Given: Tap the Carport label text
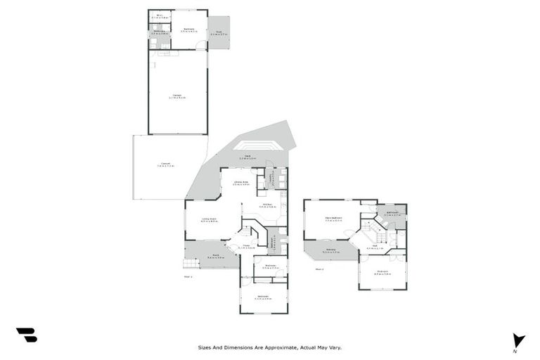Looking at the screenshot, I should point(165,165).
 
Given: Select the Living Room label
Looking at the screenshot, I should point(208,220).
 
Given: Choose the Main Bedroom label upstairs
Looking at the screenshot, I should point(333,218).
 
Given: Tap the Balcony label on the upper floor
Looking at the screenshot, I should point(331,250).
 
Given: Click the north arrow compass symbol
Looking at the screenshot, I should point(518,340).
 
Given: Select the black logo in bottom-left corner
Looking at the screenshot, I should point(26,335).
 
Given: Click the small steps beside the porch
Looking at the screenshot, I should point(190,264).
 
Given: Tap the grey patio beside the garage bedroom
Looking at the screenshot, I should point(219,33).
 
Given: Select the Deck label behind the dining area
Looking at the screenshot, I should point(247,157).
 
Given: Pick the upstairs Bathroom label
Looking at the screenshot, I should point(391,214).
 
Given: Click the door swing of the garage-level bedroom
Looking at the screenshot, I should point(202,45).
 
